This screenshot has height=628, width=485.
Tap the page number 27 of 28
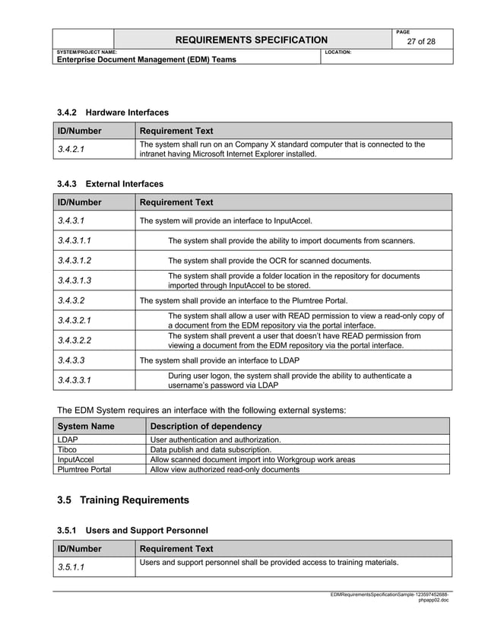[x=420, y=42]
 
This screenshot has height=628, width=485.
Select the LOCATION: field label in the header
[x=338, y=52]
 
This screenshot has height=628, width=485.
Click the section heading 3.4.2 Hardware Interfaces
[x=113, y=113]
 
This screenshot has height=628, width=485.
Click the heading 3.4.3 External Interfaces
[x=110, y=184]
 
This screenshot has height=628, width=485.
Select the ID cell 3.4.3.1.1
[x=80, y=240]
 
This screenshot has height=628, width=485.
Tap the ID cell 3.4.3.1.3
[x=80, y=281]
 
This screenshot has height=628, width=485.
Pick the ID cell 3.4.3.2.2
[x=80, y=340]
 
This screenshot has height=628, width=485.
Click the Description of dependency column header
[x=205, y=427]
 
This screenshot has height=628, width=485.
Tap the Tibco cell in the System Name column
[x=67, y=449]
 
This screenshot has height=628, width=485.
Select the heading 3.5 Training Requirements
[x=122, y=500]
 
